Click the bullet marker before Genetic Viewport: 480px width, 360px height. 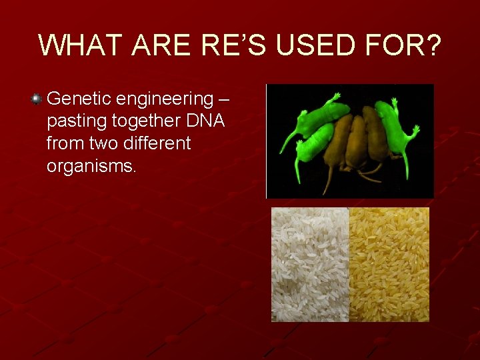pos(36,99)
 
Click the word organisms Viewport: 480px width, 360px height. pos(91,166)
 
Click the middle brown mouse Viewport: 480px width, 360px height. pos(356,140)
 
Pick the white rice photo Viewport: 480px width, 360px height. pos(310,264)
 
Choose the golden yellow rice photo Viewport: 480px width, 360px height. pos(389,264)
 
